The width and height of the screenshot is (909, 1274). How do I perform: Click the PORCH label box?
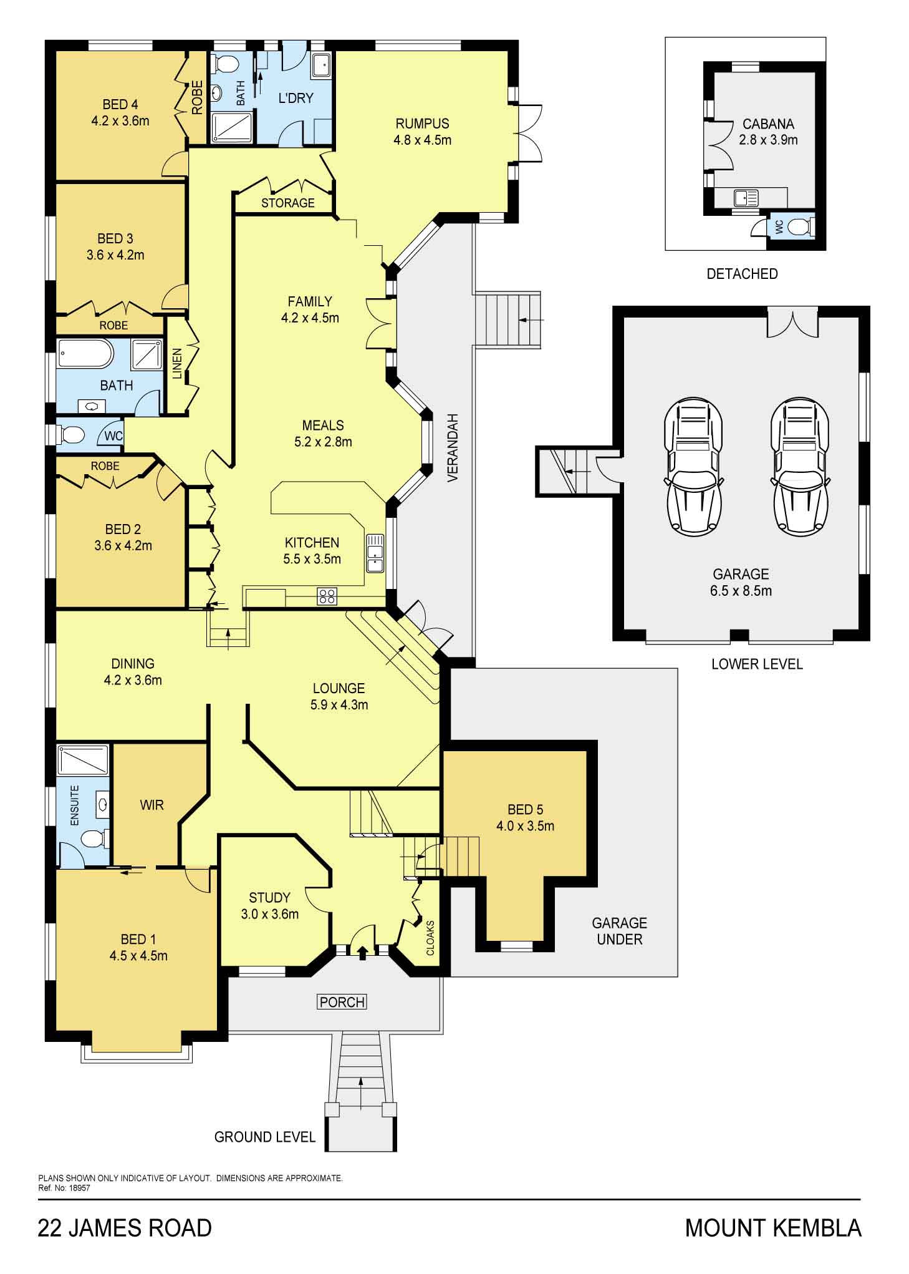point(342,1002)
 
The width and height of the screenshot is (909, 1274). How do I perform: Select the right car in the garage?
point(800,466)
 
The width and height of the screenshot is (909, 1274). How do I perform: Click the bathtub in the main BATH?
point(85,354)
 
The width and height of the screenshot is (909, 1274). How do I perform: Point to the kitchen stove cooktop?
point(327,596)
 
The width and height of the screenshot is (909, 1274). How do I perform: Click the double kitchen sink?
point(375,553)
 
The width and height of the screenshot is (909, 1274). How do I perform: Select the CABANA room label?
point(768,124)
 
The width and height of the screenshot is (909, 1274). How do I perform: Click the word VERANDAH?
point(453,447)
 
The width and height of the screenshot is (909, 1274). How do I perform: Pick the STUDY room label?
point(269,898)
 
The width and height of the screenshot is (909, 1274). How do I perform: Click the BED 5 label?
point(525,810)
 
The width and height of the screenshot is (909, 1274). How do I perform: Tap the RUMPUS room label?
point(422,124)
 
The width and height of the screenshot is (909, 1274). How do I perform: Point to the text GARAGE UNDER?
point(619,931)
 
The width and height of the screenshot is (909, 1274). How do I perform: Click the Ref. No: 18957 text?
point(64,1188)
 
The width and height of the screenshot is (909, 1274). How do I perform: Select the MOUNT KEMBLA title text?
point(773,1228)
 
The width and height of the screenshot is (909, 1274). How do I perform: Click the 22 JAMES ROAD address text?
point(125,1228)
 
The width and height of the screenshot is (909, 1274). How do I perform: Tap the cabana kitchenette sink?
point(746,198)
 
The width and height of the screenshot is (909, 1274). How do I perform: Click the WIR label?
point(151,805)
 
